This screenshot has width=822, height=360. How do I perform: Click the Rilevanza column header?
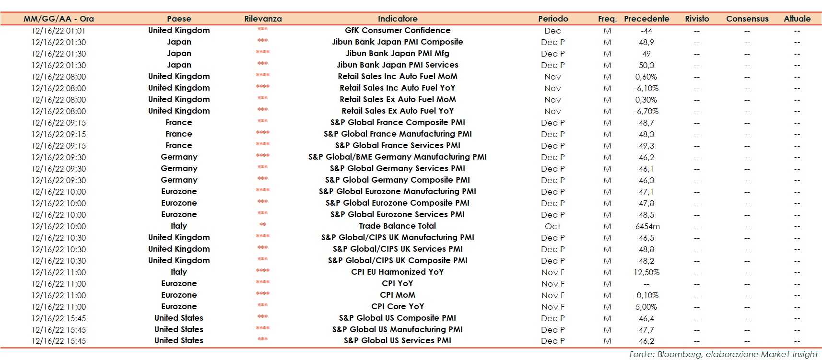coord(263,19)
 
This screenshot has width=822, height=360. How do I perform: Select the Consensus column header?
coord(747,19)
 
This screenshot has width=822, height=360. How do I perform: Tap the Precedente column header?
coord(646,19)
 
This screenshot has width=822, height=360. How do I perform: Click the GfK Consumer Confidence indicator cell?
coord(397,30)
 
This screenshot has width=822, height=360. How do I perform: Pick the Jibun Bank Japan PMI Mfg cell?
coord(397,53)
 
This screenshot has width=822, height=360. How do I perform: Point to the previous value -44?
coord(646,31)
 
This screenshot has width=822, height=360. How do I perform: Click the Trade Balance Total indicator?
coord(397,226)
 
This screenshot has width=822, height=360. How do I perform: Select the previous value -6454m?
coord(646,226)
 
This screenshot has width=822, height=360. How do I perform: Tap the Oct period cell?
coord(552,226)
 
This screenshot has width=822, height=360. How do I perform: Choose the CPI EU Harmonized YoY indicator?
coord(397,272)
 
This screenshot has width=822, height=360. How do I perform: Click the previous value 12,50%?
coord(646,272)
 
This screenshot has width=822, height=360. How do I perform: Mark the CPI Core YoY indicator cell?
coord(397,306)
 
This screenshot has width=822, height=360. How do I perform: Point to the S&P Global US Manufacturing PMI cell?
coord(397,329)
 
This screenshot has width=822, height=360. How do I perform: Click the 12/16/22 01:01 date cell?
coord(59,31)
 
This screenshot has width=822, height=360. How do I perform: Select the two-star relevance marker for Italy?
coord(262,225)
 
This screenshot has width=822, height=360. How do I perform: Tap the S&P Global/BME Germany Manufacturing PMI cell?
coord(397,157)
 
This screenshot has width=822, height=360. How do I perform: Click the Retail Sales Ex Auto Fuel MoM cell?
coord(397,99)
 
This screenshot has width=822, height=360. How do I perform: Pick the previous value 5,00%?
coord(646,307)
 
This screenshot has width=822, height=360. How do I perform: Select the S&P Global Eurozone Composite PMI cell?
coord(397,203)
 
